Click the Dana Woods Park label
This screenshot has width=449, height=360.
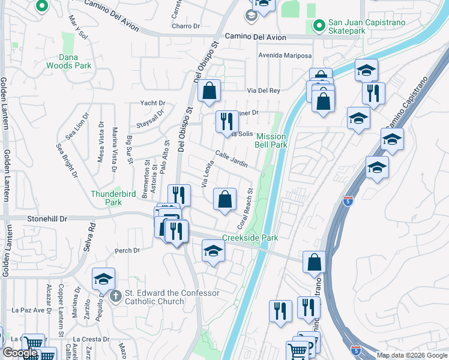pyautogui.click(x=77, y=61)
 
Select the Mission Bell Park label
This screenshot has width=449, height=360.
pyautogui.click(x=271, y=140)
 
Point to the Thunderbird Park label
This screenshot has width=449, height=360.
pyautogui.click(x=115, y=198)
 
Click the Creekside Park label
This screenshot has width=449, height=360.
pyautogui.click(x=250, y=238)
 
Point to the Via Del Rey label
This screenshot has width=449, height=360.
pyautogui.click(x=265, y=91)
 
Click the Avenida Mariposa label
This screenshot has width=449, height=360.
pyautogui.click(x=285, y=56)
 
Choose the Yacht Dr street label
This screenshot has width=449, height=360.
pyautogui.click(x=152, y=103)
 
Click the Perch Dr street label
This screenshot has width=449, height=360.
pyautogui.click(x=127, y=250)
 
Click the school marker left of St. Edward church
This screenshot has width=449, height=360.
pyautogui.click(x=103, y=280)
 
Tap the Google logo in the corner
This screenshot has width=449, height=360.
pyautogui.click(x=20, y=353)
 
